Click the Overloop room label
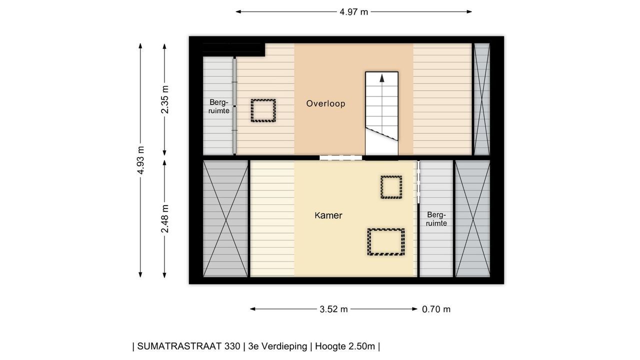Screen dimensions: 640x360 [x=325, y=103]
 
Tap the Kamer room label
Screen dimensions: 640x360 [x=328, y=215]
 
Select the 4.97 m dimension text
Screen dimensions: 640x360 [x=353, y=12]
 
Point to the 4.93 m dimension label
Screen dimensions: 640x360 [x=140, y=160]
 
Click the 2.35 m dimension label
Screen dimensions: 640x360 [x=165, y=99]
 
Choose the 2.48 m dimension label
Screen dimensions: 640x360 [x=165, y=219]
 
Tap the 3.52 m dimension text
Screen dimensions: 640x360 [x=333, y=309]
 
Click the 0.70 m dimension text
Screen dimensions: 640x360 [x=436, y=309]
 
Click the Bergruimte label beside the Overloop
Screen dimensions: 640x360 [x=219, y=106]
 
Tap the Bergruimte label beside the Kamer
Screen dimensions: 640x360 [x=436, y=219]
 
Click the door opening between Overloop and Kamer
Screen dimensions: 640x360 [x=341, y=157]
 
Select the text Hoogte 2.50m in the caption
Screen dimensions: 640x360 [x=345, y=346]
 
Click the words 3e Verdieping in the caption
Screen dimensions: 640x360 [x=277, y=346]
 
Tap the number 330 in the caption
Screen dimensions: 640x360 [x=232, y=346]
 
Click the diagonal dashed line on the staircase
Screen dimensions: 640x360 [x=381, y=134]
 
